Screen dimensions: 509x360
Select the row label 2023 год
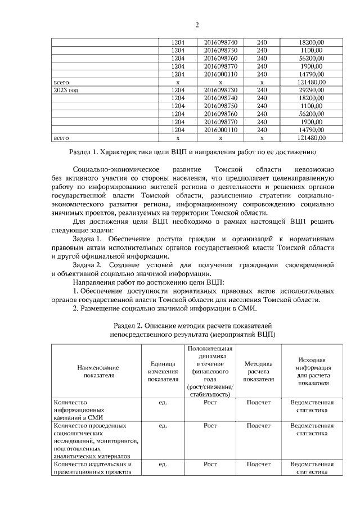(x=66, y=90)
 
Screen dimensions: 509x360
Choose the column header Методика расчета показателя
(x=258, y=371)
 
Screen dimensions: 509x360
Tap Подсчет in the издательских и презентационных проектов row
(x=258, y=464)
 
